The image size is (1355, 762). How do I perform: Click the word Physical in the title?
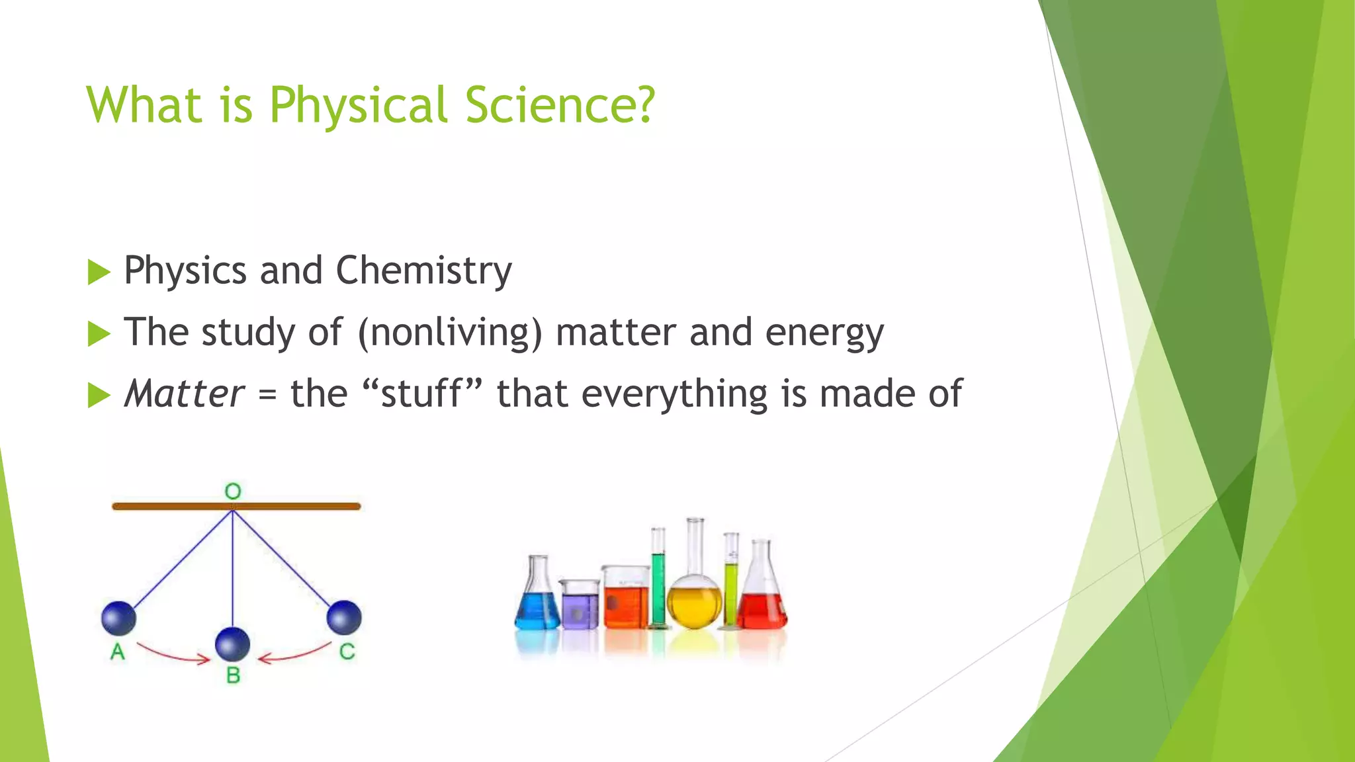[358, 106]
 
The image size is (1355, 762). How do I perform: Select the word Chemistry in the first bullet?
[423, 271]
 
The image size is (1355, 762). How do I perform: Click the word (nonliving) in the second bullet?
[450, 332]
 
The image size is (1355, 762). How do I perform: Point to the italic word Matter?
[185, 394]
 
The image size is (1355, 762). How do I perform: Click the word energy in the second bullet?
[824, 333]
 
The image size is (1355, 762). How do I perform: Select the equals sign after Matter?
[267, 396]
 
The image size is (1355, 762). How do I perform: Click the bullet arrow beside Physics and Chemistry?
[99, 272]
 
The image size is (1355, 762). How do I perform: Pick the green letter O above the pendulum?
[233, 491]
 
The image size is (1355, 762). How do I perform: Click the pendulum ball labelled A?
[119, 618]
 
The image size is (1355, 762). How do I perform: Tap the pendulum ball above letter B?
[233, 644]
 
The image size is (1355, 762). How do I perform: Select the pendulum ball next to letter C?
[344, 617]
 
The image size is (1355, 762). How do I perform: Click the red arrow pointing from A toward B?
[173, 654]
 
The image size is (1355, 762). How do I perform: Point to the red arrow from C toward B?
[294, 654]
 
